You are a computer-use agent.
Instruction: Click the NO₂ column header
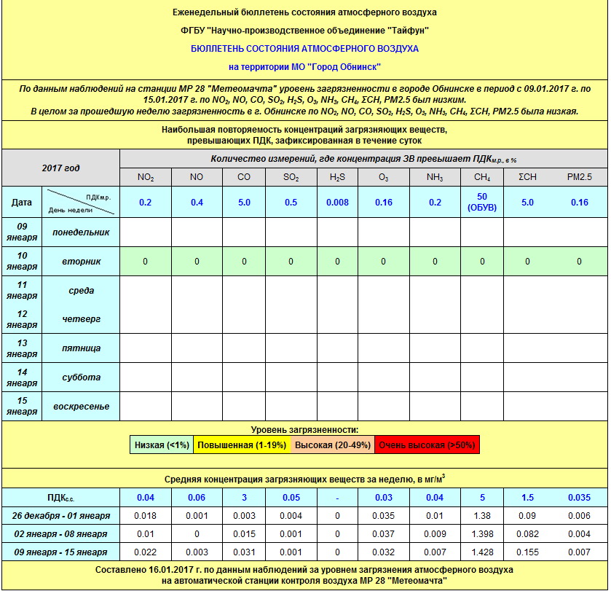pyautogui.click(x=145, y=177)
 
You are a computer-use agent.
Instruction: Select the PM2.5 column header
pyautogui.click(x=579, y=177)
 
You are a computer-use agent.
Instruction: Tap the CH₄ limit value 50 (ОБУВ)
pyautogui.click(x=481, y=202)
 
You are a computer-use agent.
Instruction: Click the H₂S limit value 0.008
pyautogui.click(x=337, y=203)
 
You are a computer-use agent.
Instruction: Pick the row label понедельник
pyautogui.click(x=82, y=232)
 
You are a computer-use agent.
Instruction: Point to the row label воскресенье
pyautogui.click(x=82, y=406)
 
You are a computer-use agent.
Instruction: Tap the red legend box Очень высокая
pyautogui.click(x=427, y=445)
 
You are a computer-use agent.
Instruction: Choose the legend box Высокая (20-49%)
pyautogui.click(x=333, y=445)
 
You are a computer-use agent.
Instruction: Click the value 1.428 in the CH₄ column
pyautogui.click(x=481, y=552)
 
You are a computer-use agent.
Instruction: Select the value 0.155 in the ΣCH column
pyautogui.click(x=528, y=552)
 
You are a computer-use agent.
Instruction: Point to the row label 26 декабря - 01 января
pyautogui.click(x=61, y=516)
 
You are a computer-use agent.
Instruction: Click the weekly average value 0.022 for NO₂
pyautogui.click(x=145, y=552)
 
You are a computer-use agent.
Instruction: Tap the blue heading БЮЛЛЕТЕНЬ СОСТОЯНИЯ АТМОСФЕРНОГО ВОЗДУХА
pyautogui.click(x=304, y=48)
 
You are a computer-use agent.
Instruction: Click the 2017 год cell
pyautogui.click(x=61, y=168)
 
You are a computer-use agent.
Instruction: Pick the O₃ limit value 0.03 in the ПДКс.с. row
pyautogui.click(x=384, y=498)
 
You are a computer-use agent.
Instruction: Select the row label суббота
pyautogui.click(x=82, y=377)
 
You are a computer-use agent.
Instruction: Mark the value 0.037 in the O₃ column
pyautogui.click(x=384, y=534)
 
